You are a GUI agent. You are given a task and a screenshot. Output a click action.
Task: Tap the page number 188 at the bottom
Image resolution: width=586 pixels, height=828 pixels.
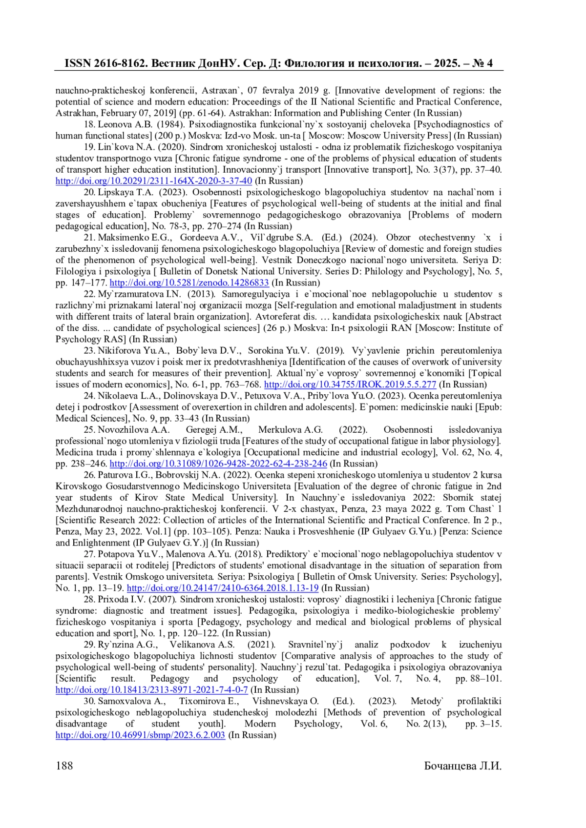tap(64, 766)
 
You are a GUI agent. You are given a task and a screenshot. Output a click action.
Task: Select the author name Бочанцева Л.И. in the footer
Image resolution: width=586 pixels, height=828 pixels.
tap(462, 766)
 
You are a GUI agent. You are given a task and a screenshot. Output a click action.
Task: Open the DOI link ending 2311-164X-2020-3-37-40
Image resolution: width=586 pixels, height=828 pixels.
tap(154, 181)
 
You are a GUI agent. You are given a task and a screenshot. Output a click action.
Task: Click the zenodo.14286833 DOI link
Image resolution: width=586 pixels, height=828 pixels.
tap(189, 283)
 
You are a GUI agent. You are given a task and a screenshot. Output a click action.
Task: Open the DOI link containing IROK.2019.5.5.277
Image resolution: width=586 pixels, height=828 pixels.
tap(350, 384)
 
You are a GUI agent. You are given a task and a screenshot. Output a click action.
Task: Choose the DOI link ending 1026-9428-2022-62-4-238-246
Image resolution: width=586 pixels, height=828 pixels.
tap(218, 464)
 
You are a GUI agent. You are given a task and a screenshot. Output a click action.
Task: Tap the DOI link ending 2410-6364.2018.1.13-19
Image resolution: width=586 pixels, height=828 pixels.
tap(223, 588)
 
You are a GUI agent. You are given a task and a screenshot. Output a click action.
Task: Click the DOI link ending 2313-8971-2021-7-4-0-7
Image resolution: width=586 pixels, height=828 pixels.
tap(152, 690)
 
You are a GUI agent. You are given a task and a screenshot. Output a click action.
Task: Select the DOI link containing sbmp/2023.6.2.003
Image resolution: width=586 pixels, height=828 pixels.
tap(141, 735)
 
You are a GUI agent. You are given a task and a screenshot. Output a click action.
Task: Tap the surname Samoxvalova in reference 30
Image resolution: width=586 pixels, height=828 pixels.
tap(124, 701)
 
